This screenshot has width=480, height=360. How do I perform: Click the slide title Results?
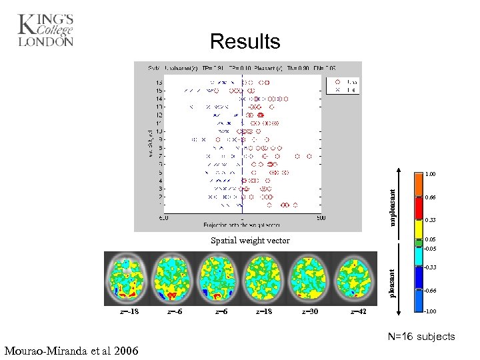245,42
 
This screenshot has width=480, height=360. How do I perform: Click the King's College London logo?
45,30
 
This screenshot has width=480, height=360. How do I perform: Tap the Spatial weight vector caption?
250,241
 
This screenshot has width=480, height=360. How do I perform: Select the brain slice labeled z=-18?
127,279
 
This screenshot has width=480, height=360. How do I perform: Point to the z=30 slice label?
310,311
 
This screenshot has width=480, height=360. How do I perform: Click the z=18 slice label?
263,311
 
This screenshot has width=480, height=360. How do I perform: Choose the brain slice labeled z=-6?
174,279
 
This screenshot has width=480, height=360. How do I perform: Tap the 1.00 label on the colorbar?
431,174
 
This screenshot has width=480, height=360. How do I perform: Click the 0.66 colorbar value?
431,198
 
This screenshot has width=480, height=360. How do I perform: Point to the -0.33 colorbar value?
431,267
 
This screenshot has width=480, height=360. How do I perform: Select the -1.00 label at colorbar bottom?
431,311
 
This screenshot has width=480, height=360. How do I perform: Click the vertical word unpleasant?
393,206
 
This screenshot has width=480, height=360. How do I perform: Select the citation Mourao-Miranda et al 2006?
71,351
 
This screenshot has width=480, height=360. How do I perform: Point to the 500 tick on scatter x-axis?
321,217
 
